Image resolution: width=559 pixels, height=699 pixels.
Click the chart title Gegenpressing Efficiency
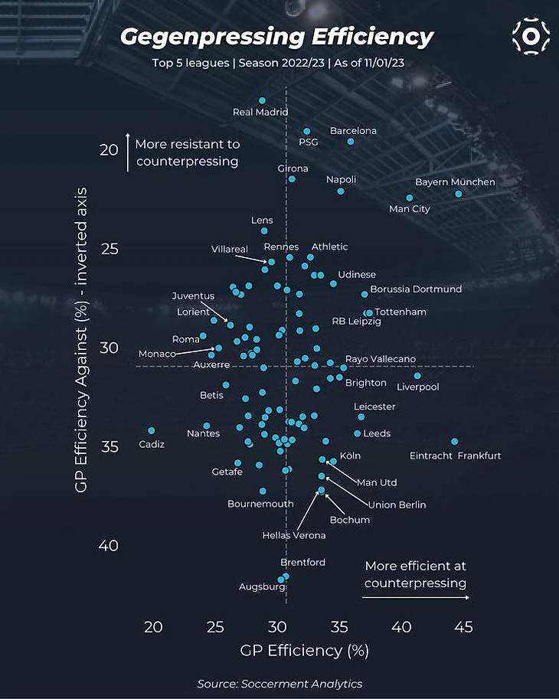[x=276, y=36]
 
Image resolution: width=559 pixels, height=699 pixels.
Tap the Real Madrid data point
[x=262, y=100]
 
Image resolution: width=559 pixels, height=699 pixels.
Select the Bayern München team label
[x=455, y=182]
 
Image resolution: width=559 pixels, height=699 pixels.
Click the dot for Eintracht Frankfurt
[x=454, y=442]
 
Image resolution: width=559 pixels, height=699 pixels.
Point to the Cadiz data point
[x=152, y=431]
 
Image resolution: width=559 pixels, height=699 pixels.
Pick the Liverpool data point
[x=417, y=376]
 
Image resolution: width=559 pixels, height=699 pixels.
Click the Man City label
[x=410, y=209]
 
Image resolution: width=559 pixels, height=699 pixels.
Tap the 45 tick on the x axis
[x=463, y=627]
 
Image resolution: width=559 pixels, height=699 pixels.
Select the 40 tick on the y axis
[x=108, y=546]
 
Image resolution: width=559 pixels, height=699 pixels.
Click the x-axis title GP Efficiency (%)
[x=304, y=651]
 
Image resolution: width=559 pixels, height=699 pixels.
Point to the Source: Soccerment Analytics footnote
[x=279, y=684]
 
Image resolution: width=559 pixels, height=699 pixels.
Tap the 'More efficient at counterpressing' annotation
[x=415, y=574]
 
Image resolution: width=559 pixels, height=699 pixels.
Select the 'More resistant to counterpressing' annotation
[x=188, y=152]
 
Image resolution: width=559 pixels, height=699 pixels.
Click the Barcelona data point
[x=351, y=142]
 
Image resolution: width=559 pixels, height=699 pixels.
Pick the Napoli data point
[x=341, y=191]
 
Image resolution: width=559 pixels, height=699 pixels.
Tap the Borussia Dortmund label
[x=416, y=289]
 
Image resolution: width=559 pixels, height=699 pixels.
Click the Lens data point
[x=264, y=230]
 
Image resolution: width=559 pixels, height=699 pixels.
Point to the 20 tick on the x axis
[x=153, y=627]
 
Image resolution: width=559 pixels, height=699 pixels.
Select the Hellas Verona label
[x=294, y=535]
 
